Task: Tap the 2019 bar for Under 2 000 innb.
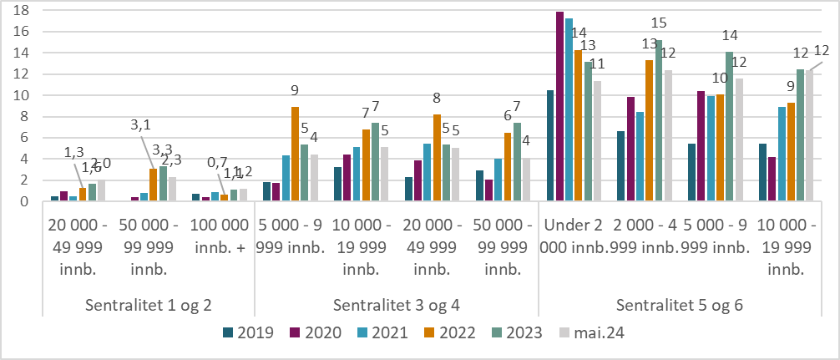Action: pos(550,146)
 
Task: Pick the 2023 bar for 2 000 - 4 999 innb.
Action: pos(659,121)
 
